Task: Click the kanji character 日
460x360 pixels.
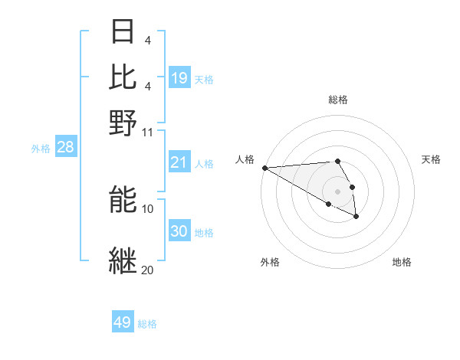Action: pos(123,31)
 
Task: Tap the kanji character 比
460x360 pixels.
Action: pos(123,76)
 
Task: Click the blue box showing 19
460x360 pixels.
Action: pos(179,78)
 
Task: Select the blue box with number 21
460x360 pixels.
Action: pos(179,162)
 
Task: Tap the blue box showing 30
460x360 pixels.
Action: pos(179,231)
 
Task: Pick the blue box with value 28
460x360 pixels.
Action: pos(65,147)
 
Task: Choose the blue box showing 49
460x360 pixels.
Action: pos(123,322)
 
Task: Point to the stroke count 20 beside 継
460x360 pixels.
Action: pos(147,270)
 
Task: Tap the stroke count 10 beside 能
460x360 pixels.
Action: pos(148,208)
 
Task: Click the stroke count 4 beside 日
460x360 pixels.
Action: pos(147,40)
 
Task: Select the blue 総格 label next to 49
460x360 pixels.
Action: pos(147,324)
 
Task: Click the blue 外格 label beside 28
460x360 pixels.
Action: pos(40,149)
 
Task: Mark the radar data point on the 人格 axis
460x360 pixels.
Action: pos(264,168)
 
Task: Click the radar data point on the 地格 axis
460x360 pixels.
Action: pos(356,217)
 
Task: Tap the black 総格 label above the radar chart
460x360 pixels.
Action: pos(338,100)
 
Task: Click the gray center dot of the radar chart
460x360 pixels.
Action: pos(338,191)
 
